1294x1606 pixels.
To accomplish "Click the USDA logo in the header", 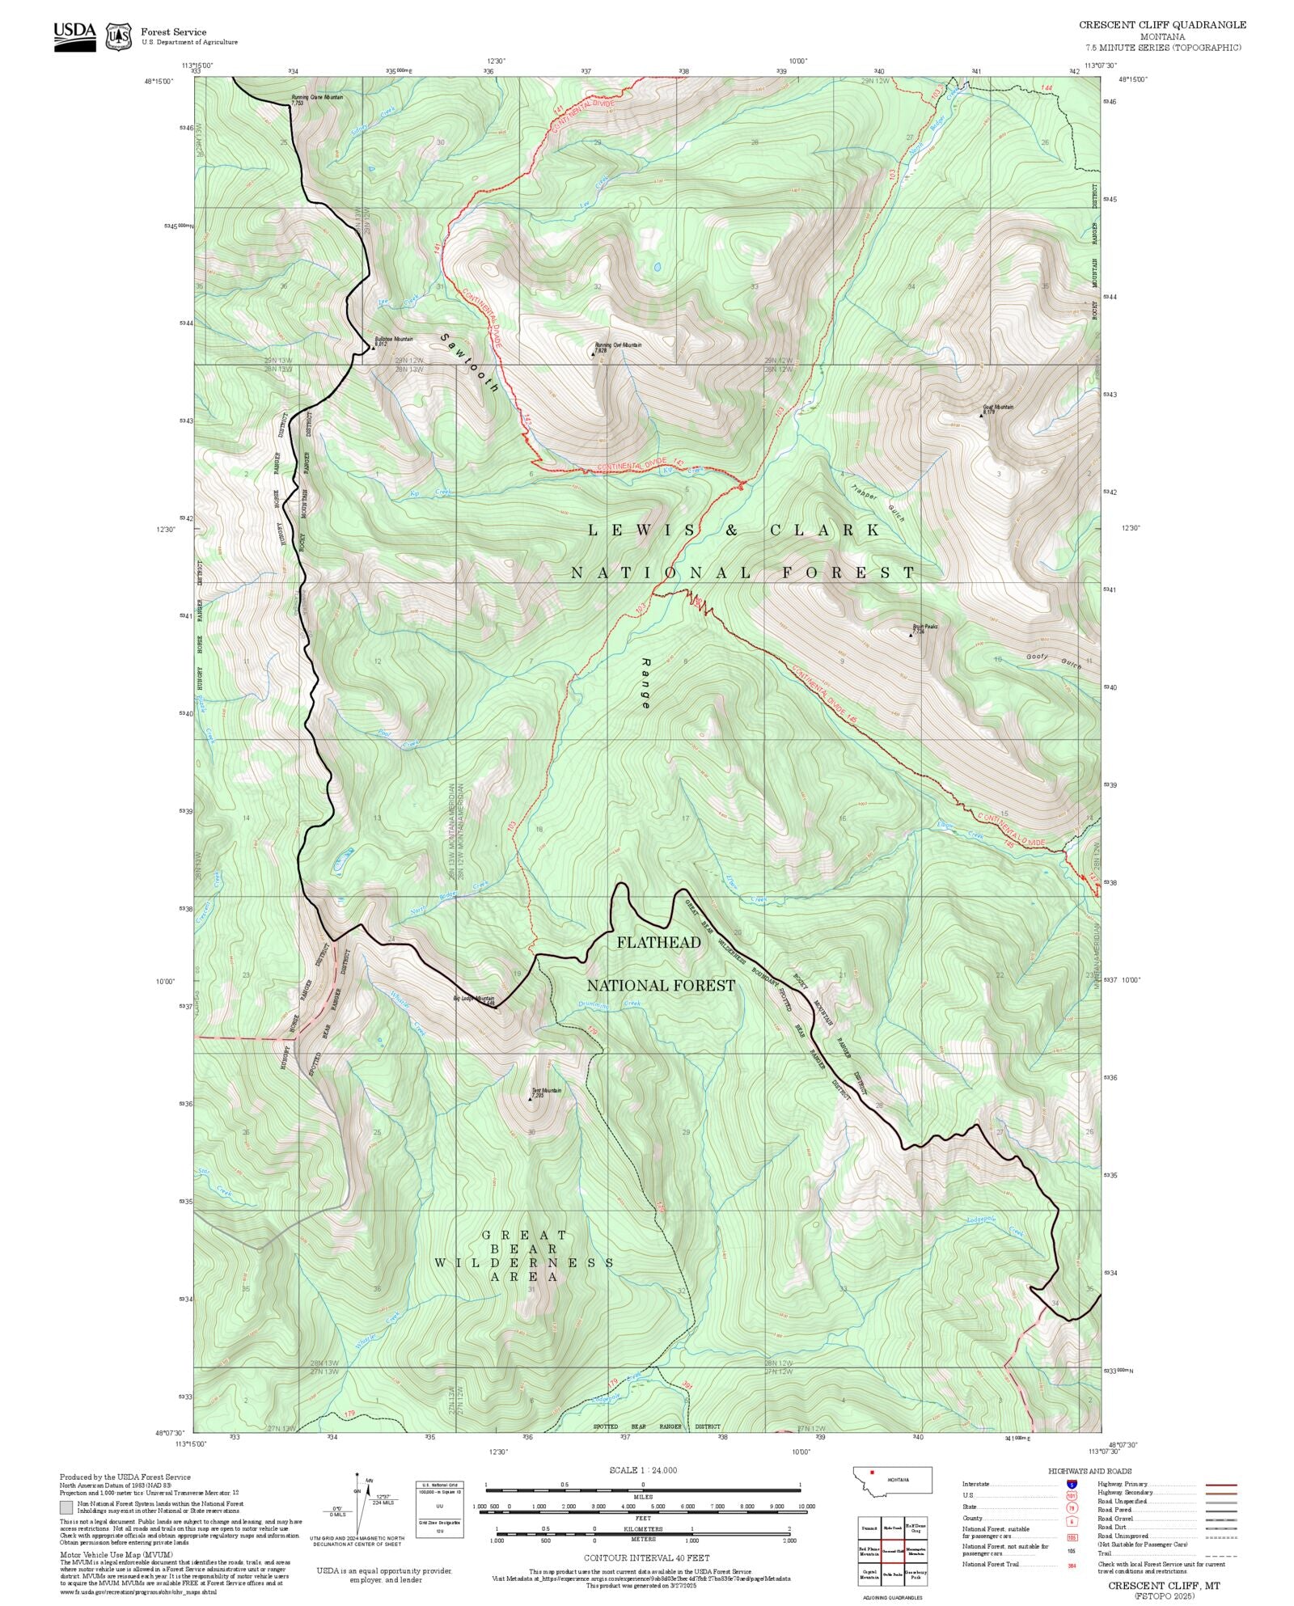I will [74, 36].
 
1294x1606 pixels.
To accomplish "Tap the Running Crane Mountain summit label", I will [317, 98].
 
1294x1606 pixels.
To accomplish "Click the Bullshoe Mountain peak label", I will [393, 340].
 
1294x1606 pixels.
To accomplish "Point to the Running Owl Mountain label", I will [618, 345].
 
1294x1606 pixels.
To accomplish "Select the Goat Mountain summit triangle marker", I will [982, 415].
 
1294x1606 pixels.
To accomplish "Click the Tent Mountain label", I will [546, 1091].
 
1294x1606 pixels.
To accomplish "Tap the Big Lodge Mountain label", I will [474, 999].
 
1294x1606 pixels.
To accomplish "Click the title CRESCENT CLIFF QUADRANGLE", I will [1162, 25].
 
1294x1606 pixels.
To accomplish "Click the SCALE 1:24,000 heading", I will [643, 1470].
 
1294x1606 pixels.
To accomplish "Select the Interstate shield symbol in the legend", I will [1072, 1485].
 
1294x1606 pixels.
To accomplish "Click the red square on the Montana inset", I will [872, 1473].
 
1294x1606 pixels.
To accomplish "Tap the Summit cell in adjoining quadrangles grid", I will [869, 1528].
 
